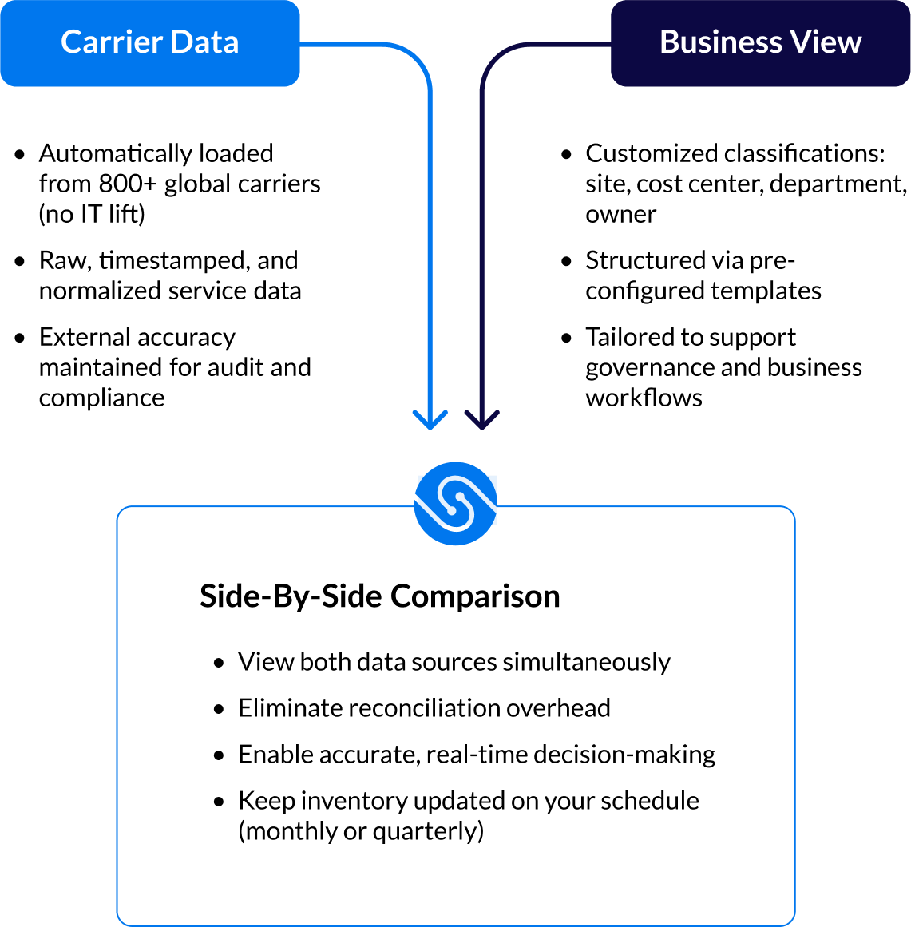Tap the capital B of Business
click(669, 42)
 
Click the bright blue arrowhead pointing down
click(430, 420)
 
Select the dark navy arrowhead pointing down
click(482, 420)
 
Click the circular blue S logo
click(456, 504)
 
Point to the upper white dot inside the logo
click(461, 497)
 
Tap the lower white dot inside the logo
click(451, 510)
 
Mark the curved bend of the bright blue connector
click(418, 56)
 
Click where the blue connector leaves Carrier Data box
click(301, 44)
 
